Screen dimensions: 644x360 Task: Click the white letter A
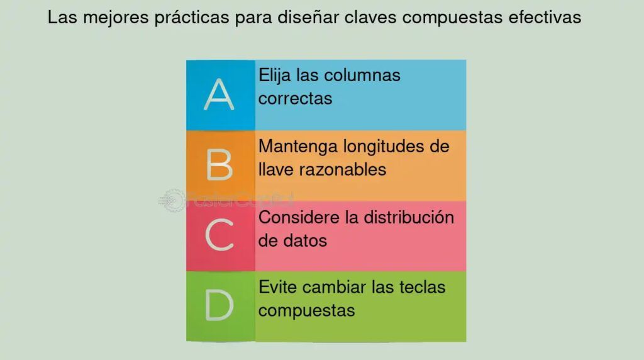click(219, 94)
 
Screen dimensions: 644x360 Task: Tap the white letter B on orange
click(219, 165)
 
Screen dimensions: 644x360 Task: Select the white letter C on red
click(219, 235)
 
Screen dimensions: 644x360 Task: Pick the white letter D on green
click(219, 305)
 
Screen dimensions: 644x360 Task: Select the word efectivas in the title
click(545, 17)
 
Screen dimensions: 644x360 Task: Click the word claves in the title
click(370, 17)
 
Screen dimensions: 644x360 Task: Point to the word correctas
click(295, 99)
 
